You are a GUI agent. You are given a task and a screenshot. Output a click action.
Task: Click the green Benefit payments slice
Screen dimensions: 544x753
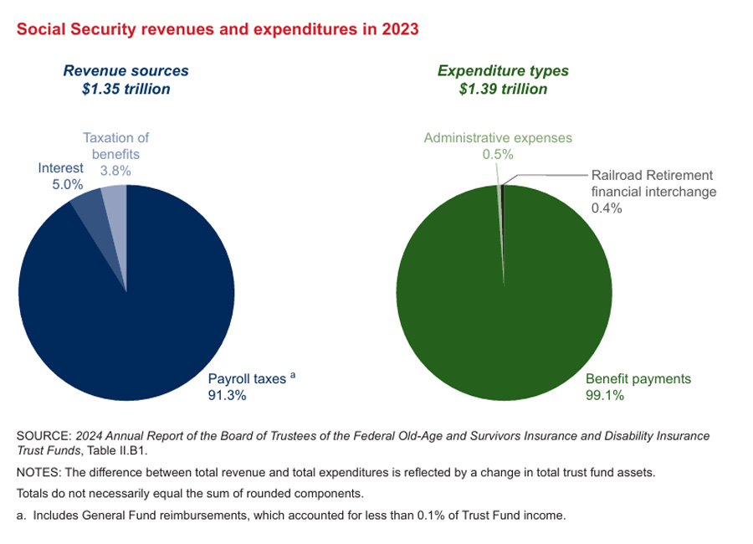[x=502, y=318]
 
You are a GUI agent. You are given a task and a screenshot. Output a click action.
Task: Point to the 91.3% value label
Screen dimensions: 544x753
[x=227, y=396]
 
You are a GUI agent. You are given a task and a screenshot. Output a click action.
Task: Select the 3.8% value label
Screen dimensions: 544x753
[x=115, y=170]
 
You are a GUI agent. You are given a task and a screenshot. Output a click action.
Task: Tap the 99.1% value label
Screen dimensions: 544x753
[x=604, y=396]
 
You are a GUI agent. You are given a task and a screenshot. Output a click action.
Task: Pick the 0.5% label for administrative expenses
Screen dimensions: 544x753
[x=497, y=154]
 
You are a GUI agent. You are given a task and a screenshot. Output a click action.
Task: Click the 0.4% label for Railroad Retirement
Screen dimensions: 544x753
[x=607, y=208]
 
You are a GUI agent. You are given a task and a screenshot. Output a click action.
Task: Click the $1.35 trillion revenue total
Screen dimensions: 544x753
[x=125, y=89]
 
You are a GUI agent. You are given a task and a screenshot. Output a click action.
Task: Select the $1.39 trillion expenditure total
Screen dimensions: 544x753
[x=503, y=89]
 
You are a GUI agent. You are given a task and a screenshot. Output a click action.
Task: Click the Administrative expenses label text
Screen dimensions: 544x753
[x=497, y=138]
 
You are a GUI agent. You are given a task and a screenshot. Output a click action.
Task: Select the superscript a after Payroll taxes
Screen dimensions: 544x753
[x=293, y=376]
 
